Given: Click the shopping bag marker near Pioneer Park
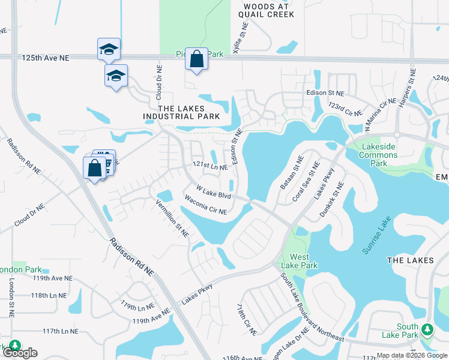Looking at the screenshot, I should (196, 59).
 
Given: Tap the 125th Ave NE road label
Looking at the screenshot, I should (46, 58).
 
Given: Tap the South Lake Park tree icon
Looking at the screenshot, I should (427, 329).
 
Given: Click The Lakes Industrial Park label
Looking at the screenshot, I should (181, 111).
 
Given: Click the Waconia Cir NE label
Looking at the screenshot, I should (206, 205).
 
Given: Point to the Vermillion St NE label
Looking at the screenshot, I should (173, 217).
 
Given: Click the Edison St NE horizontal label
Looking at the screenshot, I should (325, 94).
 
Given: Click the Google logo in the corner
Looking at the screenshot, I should (20, 353).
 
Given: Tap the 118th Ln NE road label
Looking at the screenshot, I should (49, 295).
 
